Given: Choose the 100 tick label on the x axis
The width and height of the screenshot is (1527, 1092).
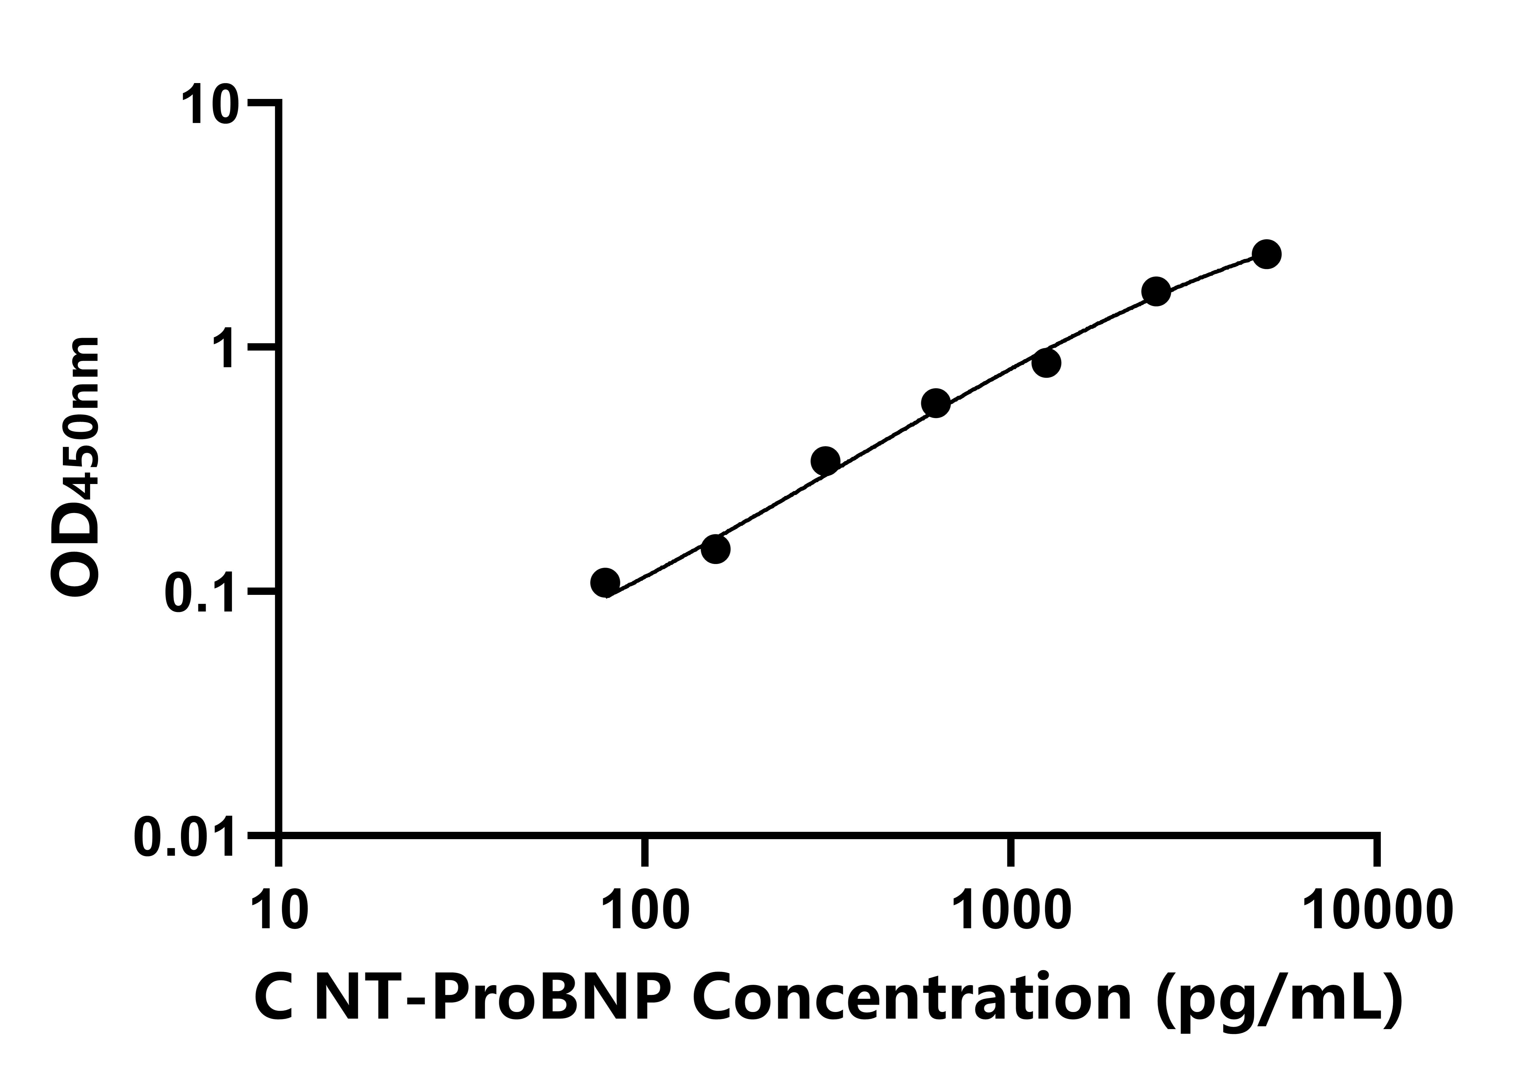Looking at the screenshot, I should (645, 910).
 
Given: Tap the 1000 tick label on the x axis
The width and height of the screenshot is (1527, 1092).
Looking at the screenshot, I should (1011, 910).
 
